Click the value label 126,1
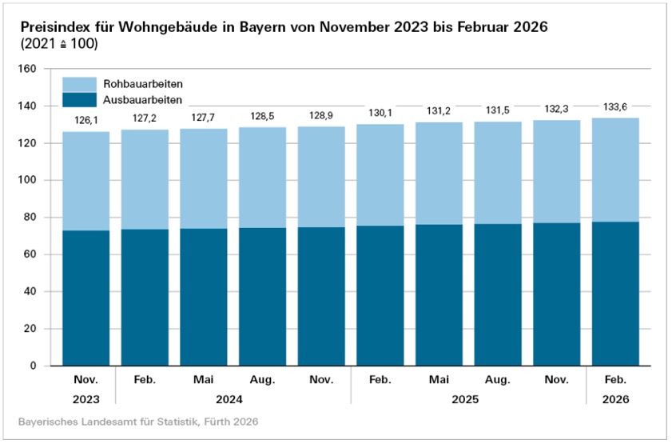point(85,122)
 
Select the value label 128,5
point(263,118)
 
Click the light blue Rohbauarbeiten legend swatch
point(79,82)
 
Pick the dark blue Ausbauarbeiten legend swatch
point(79,99)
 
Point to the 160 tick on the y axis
point(27,69)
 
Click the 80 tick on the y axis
point(30,218)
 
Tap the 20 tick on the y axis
point(30,329)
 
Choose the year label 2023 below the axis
point(85,398)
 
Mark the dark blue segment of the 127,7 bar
point(204,296)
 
